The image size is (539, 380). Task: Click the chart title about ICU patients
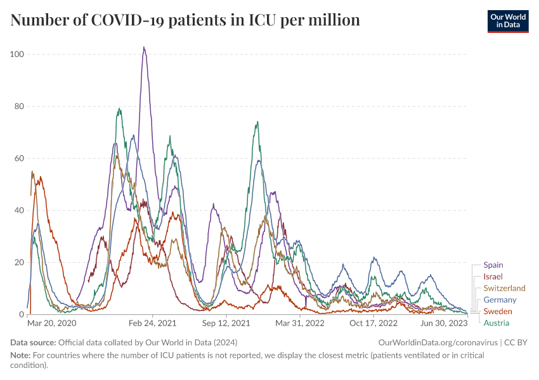point(185,20)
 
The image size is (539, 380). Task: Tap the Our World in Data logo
point(508,20)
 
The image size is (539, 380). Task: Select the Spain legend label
point(493,265)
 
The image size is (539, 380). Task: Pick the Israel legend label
point(493,277)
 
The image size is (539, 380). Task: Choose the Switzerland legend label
point(504,288)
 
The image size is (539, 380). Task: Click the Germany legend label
point(500,300)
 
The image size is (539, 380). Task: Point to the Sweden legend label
point(498,311)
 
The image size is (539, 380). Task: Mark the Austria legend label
point(496,323)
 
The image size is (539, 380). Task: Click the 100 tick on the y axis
point(17,54)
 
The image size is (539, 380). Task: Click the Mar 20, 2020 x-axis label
point(52,323)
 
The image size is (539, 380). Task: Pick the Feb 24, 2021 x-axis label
point(152,323)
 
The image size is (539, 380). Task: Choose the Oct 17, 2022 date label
point(373,323)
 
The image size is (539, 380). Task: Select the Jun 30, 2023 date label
point(444,323)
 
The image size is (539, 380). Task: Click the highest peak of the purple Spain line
point(144,47)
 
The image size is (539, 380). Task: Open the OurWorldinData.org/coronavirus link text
point(437,343)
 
